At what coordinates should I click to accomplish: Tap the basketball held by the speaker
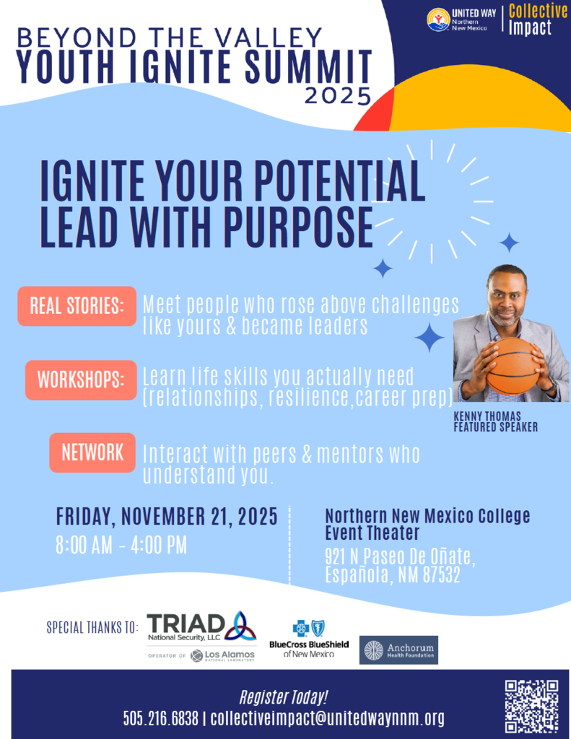(513, 365)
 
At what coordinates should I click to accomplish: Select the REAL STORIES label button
(77, 305)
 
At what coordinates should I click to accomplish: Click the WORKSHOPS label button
(80, 380)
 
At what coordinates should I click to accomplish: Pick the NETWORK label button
(92, 452)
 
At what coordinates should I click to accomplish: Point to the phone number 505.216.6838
(160, 718)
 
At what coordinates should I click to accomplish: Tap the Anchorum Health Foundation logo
(399, 650)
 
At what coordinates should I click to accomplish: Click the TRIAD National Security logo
(201, 626)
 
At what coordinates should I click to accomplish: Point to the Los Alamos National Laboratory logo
(223, 655)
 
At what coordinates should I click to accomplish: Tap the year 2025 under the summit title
(338, 95)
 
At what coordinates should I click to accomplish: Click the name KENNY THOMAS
(487, 417)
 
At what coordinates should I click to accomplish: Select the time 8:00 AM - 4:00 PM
(121, 545)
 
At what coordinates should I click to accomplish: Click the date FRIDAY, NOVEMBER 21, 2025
(167, 517)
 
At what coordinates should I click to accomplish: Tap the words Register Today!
(284, 697)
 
